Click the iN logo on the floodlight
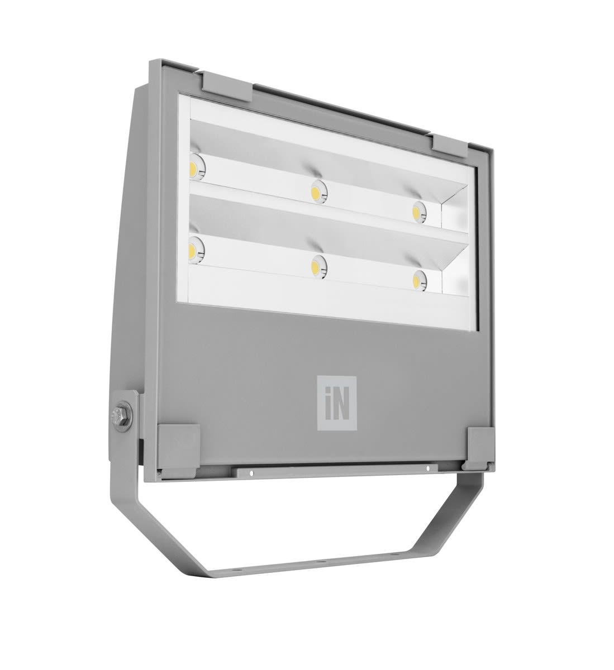pos(336,403)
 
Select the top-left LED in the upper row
pos(197,167)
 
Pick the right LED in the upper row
pos(418,212)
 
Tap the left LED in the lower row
pos(196,250)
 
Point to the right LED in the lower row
pos(419,280)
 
